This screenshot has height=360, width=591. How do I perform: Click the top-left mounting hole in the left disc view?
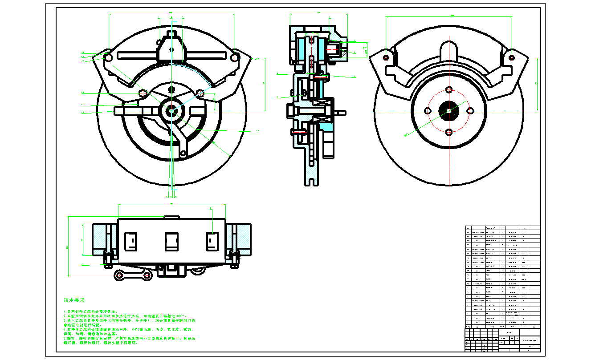(x=109, y=57)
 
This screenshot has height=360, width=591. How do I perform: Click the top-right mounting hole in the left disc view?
(x=235, y=57)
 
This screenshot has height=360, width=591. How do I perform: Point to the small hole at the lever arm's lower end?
(x=183, y=154)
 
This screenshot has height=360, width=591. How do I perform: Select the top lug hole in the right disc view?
(x=448, y=89)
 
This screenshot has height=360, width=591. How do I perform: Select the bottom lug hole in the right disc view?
(x=448, y=132)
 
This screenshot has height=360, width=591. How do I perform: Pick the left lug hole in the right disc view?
(x=428, y=111)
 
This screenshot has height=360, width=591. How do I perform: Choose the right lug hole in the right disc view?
(x=470, y=110)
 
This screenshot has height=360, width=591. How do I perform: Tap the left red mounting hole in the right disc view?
(x=386, y=57)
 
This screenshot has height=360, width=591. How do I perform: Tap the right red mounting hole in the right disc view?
(x=511, y=57)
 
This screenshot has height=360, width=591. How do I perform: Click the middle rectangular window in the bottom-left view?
(x=171, y=241)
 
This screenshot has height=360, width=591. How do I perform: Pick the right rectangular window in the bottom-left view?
(x=212, y=241)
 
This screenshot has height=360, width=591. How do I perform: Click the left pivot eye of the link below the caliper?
(x=119, y=275)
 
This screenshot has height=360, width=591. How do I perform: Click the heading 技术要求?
(x=74, y=300)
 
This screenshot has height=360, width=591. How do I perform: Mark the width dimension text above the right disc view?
(x=452, y=16)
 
